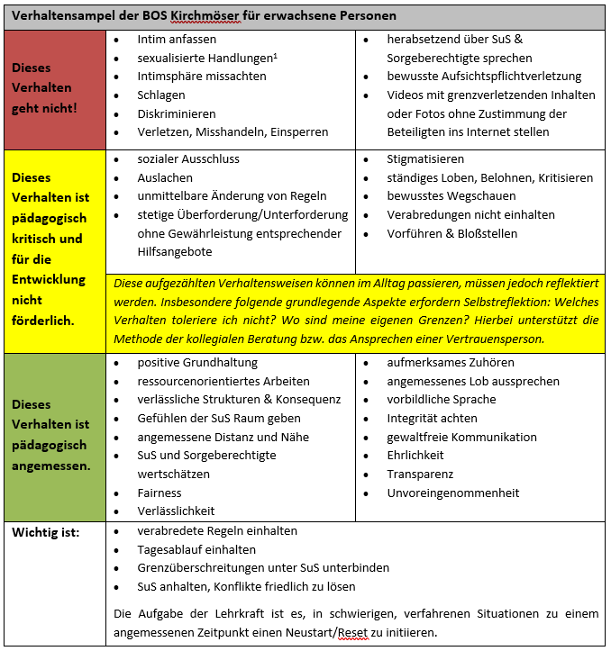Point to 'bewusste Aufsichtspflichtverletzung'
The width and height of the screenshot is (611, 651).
[484, 77]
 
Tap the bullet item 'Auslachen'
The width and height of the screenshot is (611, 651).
[165, 177]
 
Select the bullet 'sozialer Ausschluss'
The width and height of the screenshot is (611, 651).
[188, 158]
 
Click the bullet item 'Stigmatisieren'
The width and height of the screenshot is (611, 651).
[426, 158]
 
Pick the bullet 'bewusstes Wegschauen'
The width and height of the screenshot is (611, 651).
[451, 195]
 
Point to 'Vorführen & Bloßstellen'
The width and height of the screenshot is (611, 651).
[452, 233]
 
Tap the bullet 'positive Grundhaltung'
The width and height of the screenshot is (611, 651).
[197, 362]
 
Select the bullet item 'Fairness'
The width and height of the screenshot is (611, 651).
[160, 493]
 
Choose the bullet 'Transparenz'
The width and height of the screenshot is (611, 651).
[420, 474]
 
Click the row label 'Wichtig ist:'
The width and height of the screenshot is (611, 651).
[45, 532]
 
